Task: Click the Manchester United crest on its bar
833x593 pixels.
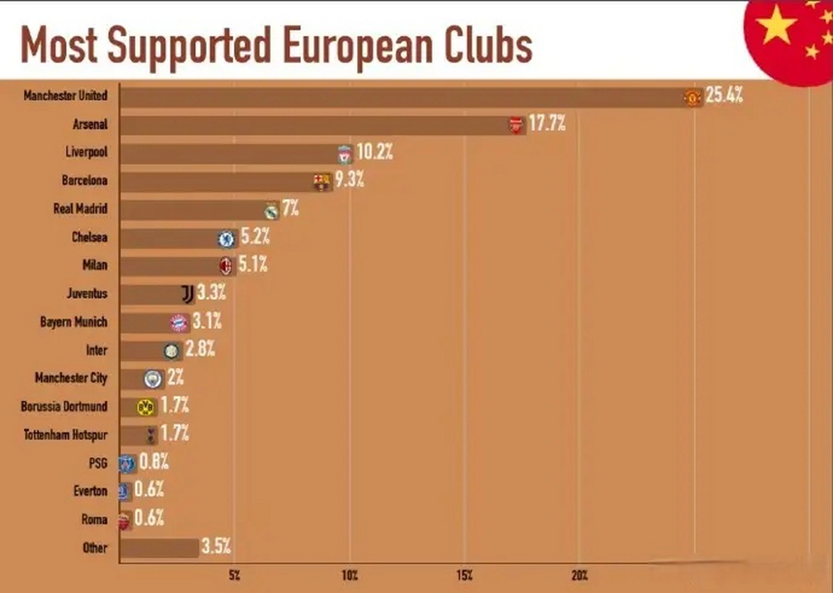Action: tap(692, 98)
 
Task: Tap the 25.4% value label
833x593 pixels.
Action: tap(724, 95)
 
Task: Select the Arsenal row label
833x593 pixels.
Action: tap(90, 124)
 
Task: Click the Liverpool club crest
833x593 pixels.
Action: tap(344, 154)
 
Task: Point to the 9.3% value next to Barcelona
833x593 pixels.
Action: tap(350, 179)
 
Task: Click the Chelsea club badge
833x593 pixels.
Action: tap(226, 239)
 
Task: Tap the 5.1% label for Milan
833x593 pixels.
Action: tap(253, 265)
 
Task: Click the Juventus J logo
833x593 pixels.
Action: tap(187, 294)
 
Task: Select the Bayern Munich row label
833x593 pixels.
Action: tap(74, 322)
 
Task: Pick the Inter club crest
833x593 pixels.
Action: tap(171, 351)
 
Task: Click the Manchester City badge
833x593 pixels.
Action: tap(152, 379)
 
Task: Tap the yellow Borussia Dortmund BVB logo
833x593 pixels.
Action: tap(145, 407)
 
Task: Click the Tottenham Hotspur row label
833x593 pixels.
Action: tap(65, 435)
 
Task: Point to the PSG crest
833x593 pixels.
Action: tap(126, 463)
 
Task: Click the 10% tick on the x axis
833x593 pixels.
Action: tap(350, 576)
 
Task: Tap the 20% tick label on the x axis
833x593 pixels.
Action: tap(579, 576)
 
